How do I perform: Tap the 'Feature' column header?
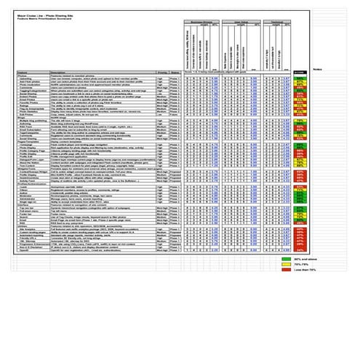pos(23,73)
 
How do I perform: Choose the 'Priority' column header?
pos(162,73)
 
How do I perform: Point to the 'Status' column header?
pos(177,73)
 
